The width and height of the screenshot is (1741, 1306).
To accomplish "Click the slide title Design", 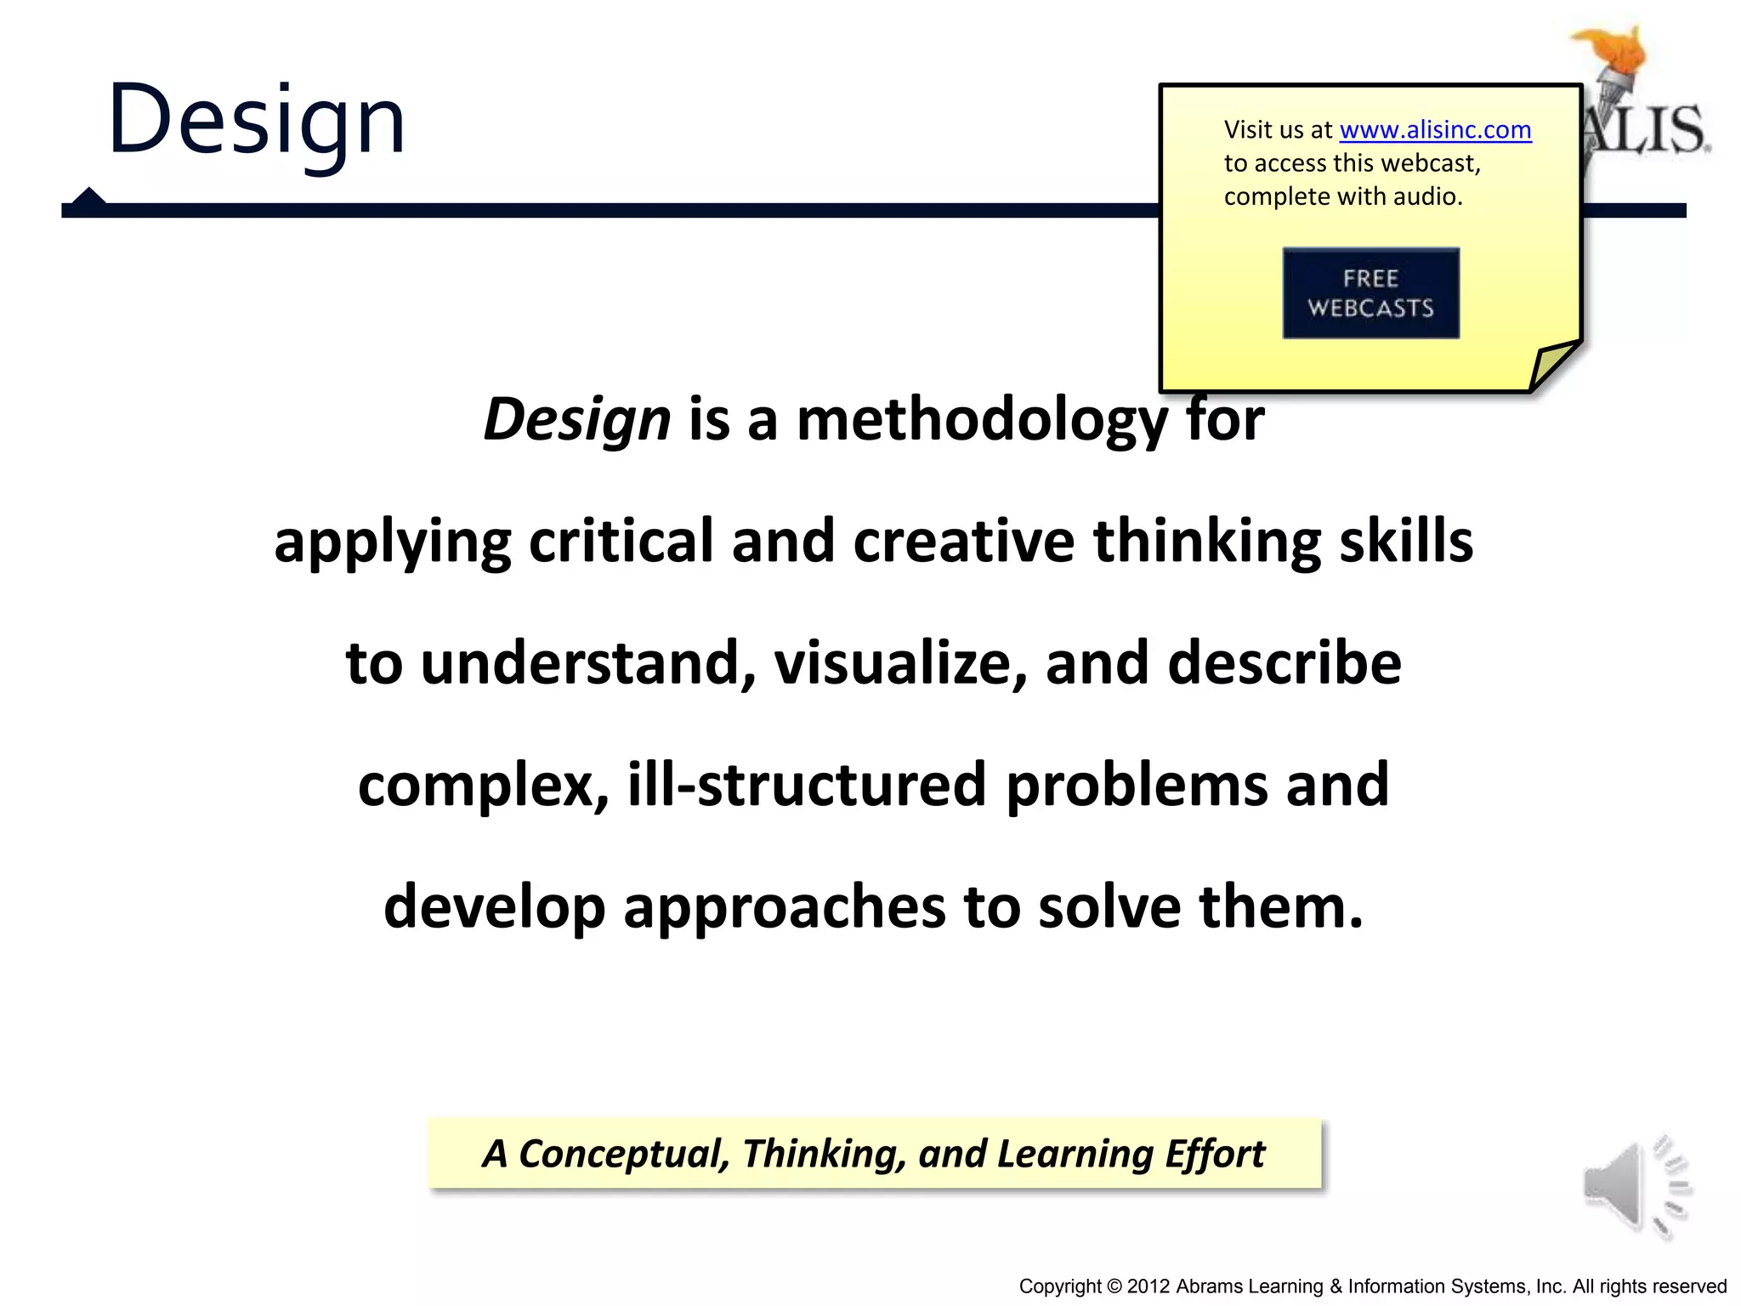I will tap(256, 120).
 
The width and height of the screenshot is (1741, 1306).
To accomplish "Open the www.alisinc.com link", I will tap(1435, 130).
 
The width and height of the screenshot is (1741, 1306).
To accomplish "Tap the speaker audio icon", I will tap(1634, 1186).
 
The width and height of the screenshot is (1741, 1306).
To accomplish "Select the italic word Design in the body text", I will tap(576, 420).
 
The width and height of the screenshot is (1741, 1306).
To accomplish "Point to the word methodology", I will tap(982, 420).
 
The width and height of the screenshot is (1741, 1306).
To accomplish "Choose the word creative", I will tap(963, 542).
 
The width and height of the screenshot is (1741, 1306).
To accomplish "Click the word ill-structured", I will tap(807, 785).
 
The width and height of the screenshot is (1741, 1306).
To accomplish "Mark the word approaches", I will tap(784, 907).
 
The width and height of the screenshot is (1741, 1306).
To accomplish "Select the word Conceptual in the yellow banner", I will tap(623, 1154).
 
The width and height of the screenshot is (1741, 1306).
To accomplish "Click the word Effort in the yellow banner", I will tap(1215, 1154).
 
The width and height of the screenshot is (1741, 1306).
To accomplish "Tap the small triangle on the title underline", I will tap(88, 196).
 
